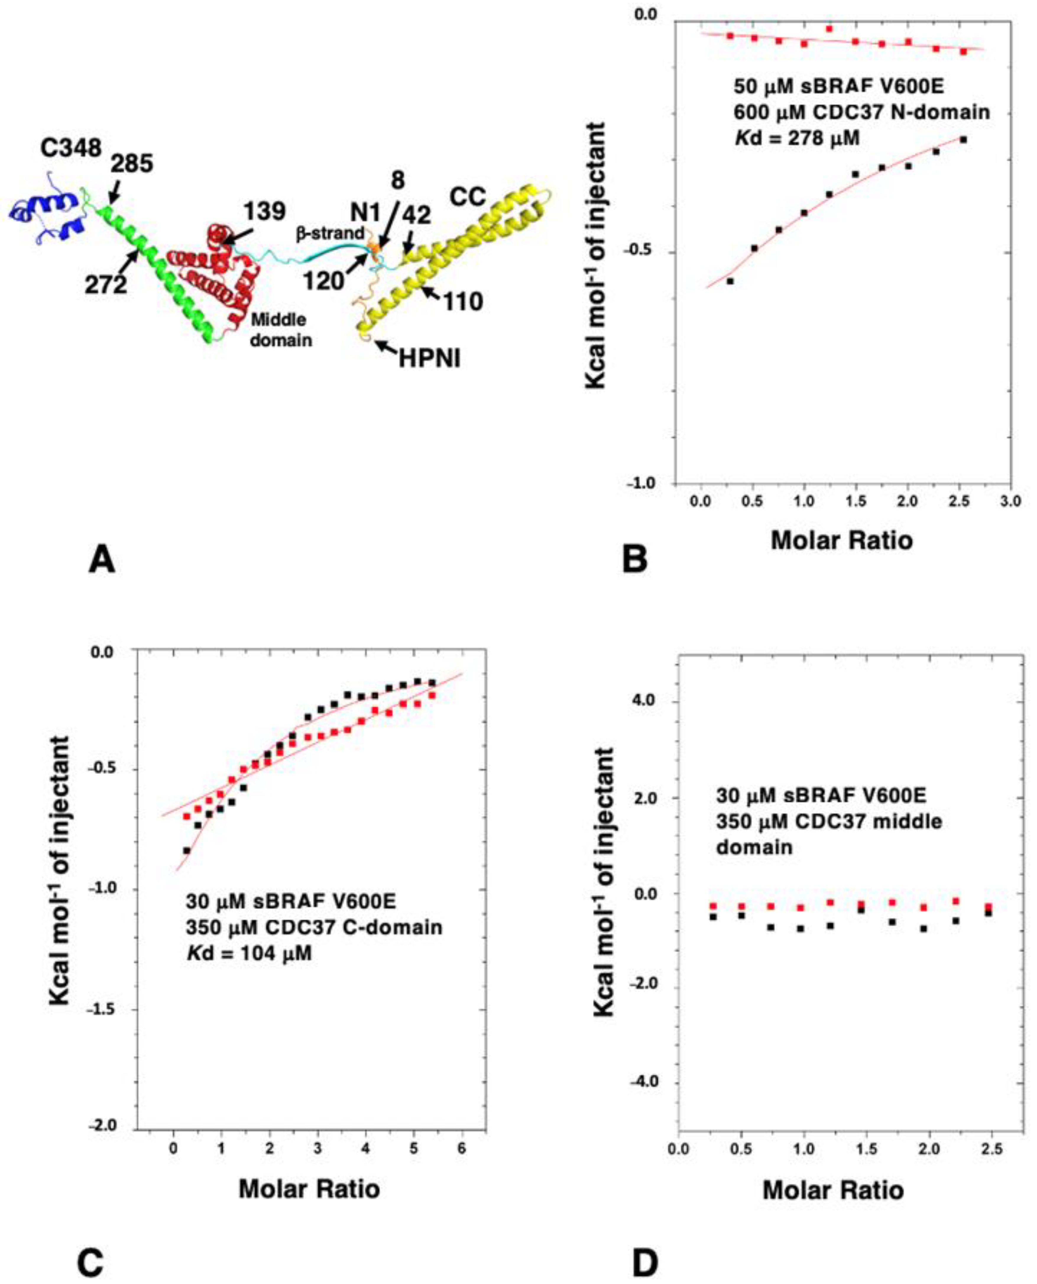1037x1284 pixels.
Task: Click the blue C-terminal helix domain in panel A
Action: coord(48,212)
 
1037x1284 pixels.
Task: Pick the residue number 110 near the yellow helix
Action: coord(463,302)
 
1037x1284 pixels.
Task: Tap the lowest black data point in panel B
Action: coord(729,281)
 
